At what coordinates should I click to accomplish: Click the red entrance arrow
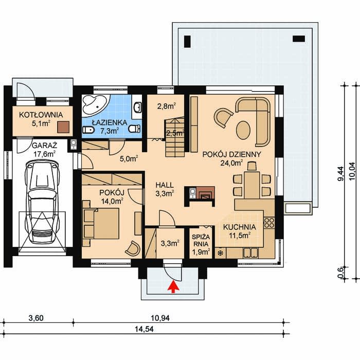[x=174, y=287]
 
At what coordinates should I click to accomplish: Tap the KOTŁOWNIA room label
[x=41, y=115]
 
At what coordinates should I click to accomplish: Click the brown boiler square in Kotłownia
[x=63, y=127]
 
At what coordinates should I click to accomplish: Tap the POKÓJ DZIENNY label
[x=231, y=154]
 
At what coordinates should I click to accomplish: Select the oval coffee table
[x=243, y=130]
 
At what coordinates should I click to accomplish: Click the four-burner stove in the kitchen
[x=269, y=223]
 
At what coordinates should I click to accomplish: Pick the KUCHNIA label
[x=240, y=227]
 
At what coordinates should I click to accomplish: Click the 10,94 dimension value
[x=160, y=318]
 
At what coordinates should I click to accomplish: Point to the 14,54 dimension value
[x=144, y=330]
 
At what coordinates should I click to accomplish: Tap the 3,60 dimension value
[x=36, y=318]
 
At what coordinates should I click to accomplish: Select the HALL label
[x=165, y=185]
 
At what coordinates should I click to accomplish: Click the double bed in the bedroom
[x=101, y=223]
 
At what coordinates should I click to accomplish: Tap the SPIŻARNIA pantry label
[x=201, y=240]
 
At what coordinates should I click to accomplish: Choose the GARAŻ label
[x=44, y=146]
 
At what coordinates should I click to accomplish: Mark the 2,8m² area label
[x=167, y=106]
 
